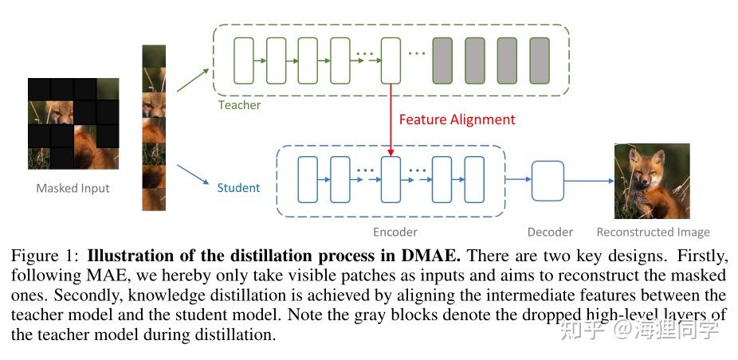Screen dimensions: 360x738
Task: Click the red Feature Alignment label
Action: coord(457,119)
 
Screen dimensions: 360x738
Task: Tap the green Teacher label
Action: coord(239,104)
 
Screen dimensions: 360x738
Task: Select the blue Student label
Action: coord(238,188)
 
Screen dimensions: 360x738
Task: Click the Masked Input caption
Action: coord(73,189)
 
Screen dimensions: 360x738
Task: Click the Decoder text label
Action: coord(550,232)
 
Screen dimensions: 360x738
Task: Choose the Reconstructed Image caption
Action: coord(653,232)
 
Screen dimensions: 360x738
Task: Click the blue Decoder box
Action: coord(548,181)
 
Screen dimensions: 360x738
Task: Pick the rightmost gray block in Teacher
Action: coord(540,61)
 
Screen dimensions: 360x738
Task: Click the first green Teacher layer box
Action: coord(243,61)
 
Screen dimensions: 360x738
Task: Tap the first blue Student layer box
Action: coord(307,180)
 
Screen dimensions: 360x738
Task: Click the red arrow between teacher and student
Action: coord(391,119)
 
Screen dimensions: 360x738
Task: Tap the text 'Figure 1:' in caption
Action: coord(45,257)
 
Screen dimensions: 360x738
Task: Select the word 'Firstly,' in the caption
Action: coord(701,257)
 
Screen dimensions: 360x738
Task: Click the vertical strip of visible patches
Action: coord(153,127)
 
